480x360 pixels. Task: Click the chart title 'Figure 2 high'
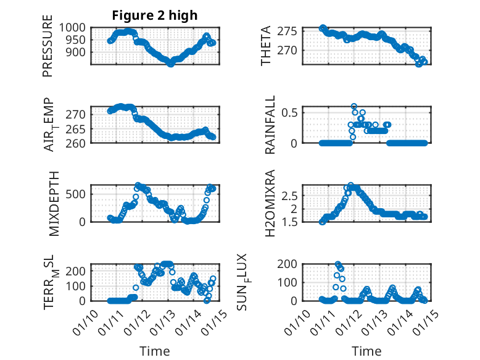click(x=154, y=15)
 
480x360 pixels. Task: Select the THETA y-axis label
click(x=266, y=46)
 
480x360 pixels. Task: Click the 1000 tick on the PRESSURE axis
click(x=77, y=27)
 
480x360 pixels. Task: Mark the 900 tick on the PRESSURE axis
click(x=79, y=52)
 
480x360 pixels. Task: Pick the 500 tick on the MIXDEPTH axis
click(x=79, y=193)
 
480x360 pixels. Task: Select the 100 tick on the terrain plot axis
click(x=79, y=286)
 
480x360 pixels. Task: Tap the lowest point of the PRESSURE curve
click(x=171, y=64)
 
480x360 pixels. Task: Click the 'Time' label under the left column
click(x=154, y=351)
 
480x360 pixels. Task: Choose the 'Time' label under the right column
click(x=366, y=351)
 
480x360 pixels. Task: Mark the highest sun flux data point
click(x=337, y=264)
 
